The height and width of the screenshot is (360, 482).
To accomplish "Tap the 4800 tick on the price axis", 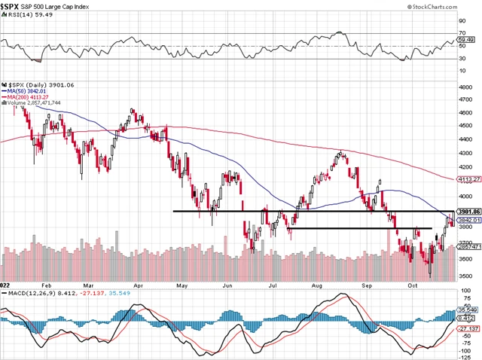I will click(468, 88).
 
